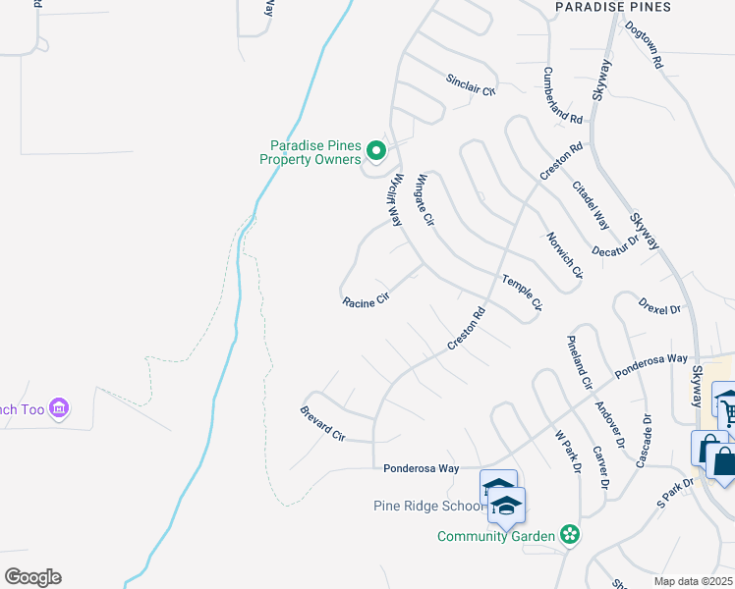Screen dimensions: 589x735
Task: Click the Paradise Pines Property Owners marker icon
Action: tap(375, 151)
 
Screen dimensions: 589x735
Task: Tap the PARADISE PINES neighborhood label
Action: tap(613, 7)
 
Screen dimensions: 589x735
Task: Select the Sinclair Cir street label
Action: tap(472, 83)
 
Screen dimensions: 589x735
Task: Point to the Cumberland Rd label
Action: tap(564, 95)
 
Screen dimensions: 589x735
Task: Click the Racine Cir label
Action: tap(366, 301)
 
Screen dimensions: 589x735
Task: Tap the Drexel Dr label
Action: tap(659, 306)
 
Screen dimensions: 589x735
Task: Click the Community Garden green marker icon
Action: tap(568, 535)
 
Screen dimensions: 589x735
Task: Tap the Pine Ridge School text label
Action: tap(429, 507)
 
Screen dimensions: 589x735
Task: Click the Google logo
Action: tap(32, 577)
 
